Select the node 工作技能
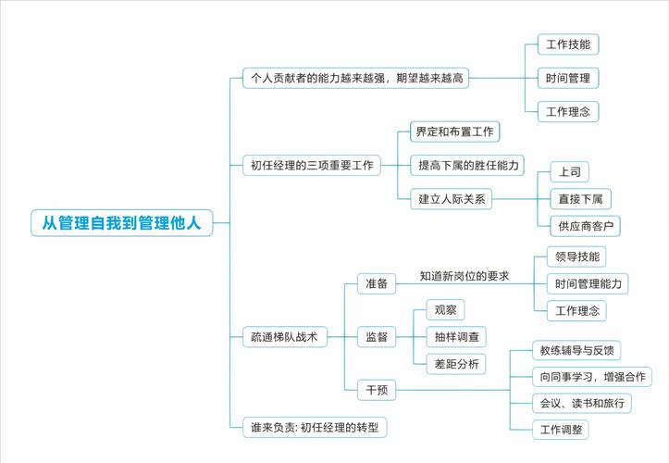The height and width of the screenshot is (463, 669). pos(568,44)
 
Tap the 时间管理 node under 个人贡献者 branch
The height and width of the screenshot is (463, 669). pos(568,78)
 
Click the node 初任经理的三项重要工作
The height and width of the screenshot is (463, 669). pos(312,166)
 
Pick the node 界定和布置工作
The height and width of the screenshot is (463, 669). pos(454,131)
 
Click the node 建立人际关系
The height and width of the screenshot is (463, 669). pos(452,197)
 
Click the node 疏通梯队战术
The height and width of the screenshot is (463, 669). pos(285,338)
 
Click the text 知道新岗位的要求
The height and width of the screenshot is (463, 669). pos(464,276)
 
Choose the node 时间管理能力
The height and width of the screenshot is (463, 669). pos(588,283)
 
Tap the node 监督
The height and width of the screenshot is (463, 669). pos(377,338)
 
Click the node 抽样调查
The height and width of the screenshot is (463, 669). pos(455,338)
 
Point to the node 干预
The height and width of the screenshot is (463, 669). pos(377,391)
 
